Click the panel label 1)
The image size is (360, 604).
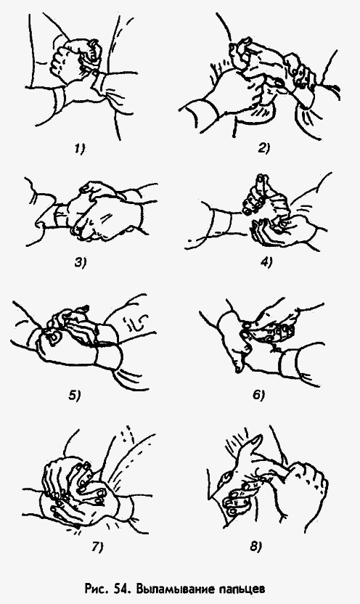(80, 149)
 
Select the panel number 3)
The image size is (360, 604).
(80, 263)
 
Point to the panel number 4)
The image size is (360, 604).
(266, 263)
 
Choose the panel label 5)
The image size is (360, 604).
(75, 395)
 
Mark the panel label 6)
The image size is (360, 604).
(259, 395)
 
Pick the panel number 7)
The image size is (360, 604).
(98, 547)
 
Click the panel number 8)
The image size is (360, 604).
(256, 547)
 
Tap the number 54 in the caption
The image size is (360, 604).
(123, 589)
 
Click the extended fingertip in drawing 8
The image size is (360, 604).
(258, 438)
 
